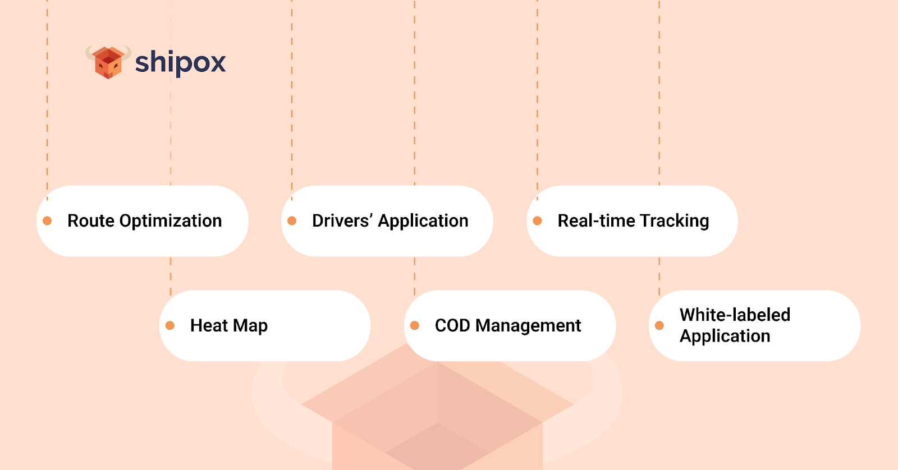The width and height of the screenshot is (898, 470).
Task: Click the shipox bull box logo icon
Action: click(108, 62)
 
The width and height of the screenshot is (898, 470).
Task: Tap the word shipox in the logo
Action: click(180, 62)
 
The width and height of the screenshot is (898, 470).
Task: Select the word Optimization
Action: click(171, 221)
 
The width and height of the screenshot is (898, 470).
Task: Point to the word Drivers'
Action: click(342, 220)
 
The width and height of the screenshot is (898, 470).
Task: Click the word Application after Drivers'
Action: click(423, 221)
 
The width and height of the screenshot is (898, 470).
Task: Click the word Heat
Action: click(209, 325)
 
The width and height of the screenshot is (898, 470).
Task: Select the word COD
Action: click(452, 325)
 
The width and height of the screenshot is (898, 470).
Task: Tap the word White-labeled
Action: click(735, 315)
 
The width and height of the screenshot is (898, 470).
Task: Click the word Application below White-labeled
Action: click(725, 336)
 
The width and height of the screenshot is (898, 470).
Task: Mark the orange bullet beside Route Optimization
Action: click(47, 221)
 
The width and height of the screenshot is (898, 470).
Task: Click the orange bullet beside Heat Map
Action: click(170, 325)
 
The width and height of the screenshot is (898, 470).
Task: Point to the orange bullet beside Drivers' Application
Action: click(292, 221)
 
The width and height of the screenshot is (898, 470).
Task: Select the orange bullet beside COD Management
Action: click(415, 325)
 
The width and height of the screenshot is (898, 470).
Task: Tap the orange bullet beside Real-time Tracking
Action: click(537, 221)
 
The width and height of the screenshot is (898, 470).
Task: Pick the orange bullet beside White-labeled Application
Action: click(659, 325)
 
